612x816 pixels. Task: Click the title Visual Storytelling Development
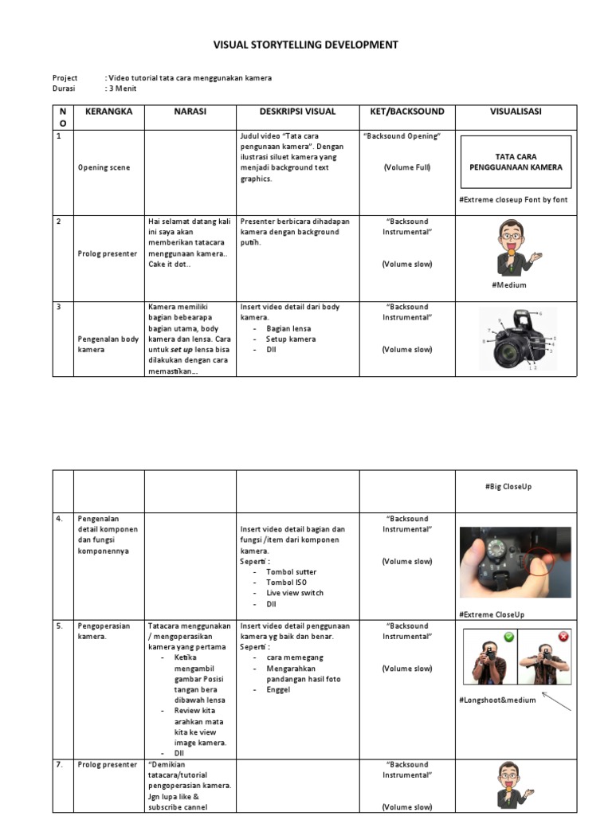pyautogui.click(x=305, y=45)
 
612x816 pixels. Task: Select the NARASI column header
pyautogui.click(x=190, y=112)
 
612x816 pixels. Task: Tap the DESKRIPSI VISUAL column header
pyautogui.click(x=297, y=112)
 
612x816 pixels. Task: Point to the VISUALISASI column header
pyautogui.click(x=516, y=112)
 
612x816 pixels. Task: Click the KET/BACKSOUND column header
pyautogui.click(x=406, y=112)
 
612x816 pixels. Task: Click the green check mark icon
pyautogui.click(x=508, y=637)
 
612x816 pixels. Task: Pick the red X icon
pyautogui.click(x=563, y=637)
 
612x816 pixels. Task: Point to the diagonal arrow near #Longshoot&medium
pyautogui.click(x=553, y=701)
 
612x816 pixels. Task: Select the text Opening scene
pyautogui.click(x=104, y=167)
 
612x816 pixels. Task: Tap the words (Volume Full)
pyautogui.click(x=406, y=167)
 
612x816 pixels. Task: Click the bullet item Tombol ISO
pyautogui.click(x=286, y=583)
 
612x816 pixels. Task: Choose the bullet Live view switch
pyautogui.click(x=294, y=593)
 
